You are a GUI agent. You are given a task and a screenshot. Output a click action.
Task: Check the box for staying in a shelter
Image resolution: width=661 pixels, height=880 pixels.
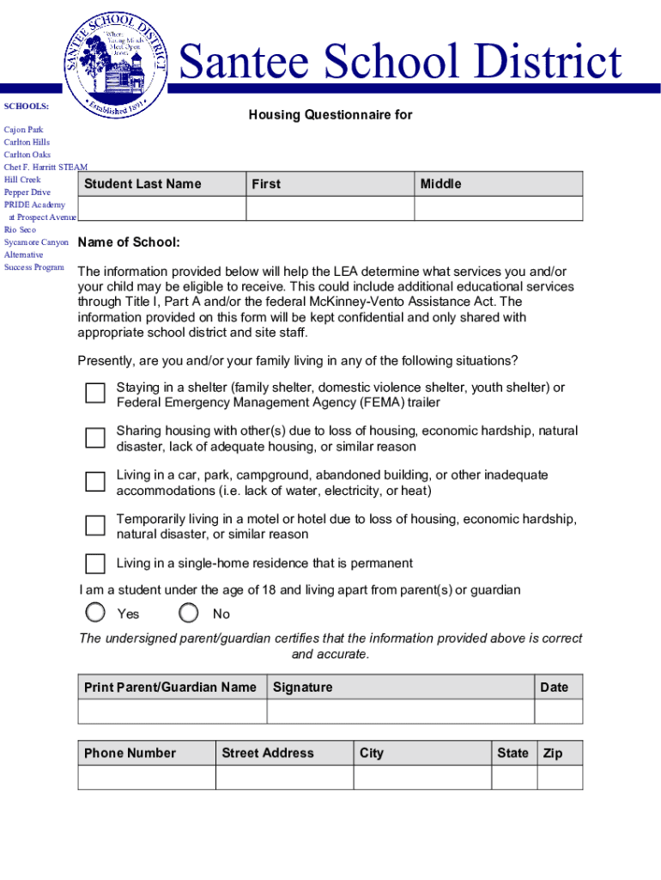pos(95,394)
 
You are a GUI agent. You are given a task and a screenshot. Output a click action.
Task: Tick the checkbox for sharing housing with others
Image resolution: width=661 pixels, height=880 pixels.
pos(95,437)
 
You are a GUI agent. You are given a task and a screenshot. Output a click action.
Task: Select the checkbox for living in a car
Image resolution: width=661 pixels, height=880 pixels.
pos(95,481)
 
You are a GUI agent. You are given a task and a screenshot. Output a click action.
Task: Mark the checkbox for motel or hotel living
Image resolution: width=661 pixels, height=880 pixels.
pos(95,525)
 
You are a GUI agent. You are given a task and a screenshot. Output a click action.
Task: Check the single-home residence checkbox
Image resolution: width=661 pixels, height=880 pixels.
pos(95,564)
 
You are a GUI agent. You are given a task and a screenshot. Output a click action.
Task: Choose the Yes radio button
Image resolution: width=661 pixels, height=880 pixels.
pos(96,613)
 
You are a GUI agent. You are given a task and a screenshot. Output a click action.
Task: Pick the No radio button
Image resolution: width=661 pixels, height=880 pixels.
pos(190,613)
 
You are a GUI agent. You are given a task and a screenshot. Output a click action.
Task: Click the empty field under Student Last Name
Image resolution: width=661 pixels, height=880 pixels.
pos(161,209)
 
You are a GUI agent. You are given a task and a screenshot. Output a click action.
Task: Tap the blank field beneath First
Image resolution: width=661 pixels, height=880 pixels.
pos(330,209)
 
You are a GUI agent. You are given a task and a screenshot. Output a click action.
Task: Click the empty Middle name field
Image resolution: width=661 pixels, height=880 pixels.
pos(498,209)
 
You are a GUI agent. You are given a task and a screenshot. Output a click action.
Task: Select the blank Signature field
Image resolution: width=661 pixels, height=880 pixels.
pos(402,712)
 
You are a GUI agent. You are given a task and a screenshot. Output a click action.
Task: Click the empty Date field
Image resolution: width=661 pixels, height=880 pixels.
pos(559,712)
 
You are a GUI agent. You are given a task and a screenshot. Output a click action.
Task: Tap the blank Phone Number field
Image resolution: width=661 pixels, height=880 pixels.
pos(146,777)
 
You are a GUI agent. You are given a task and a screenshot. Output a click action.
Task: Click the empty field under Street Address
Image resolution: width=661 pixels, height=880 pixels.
pos(284,777)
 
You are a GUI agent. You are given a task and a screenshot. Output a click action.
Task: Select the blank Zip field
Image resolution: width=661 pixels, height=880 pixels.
pos(560,777)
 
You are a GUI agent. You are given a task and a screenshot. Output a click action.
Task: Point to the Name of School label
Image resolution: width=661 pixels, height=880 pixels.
pos(129,243)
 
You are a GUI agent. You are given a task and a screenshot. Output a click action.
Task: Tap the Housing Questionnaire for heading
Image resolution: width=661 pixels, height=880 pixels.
pos(330,115)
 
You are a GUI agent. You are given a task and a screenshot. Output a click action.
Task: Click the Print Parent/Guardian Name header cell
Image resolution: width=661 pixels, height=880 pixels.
pos(171,687)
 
